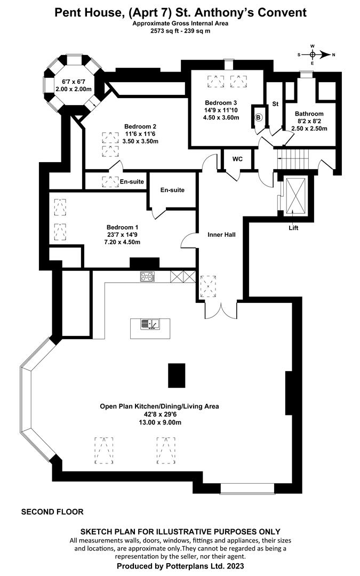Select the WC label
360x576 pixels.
(238, 158)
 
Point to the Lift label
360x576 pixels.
(293, 228)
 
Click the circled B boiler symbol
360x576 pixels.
(259, 117)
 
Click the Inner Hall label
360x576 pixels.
(221, 234)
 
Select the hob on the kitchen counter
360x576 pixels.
(147, 276)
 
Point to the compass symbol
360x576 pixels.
(313, 54)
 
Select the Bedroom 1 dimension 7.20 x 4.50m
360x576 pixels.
(123, 242)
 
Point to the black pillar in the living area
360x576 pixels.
(177, 375)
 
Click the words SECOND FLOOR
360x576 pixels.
(52, 511)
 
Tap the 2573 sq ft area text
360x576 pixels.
(165, 31)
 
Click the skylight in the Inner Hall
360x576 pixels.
(207, 286)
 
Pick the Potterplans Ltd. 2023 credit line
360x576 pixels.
(180, 566)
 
